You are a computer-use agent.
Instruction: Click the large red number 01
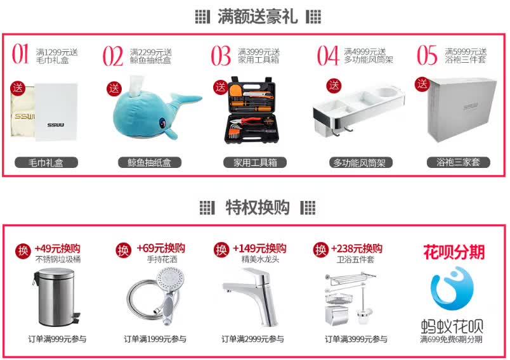(20, 54)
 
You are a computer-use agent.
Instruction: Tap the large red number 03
(221, 56)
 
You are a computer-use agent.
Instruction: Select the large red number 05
(427, 55)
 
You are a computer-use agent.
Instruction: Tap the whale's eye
(162, 123)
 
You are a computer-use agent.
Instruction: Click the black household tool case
(250, 110)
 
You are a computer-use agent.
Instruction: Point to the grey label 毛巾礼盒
(46, 162)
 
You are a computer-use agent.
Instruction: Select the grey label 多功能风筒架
(361, 162)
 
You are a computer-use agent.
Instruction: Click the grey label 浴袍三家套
(458, 162)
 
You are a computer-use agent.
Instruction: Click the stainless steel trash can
(56, 297)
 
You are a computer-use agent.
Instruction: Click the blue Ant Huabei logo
(452, 288)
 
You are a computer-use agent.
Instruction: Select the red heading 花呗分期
(454, 252)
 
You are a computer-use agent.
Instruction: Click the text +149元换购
(259, 248)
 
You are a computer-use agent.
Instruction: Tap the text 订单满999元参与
(57, 339)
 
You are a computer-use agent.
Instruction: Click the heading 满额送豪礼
(258, 16)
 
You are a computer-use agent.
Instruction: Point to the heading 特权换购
(258, 207)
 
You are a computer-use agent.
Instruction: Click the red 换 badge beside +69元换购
(124, 250)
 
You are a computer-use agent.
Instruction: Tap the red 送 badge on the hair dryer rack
(334, 86)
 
